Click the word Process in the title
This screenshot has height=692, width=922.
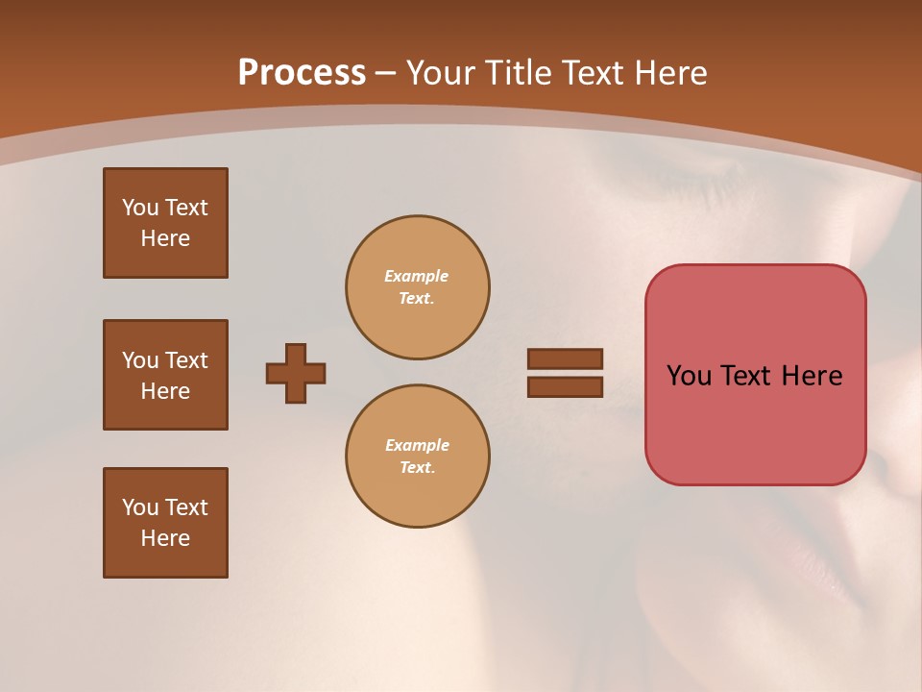coord(302,72)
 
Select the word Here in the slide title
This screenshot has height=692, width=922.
coord(669,72)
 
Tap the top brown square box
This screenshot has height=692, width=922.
coord(165,223)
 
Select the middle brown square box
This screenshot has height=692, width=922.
coord(165,375)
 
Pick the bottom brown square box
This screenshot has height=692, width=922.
coord(165,523)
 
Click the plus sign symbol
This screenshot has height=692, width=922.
coord(296,373)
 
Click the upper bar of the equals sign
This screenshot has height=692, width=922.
coord(565,358)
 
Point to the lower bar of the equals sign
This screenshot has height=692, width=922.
coord(565,387)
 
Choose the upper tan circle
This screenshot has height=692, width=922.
coord(417,286)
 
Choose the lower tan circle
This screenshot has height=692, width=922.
coord(417,456)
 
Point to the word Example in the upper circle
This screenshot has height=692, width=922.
coord(417,276)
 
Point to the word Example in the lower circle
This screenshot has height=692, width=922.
coord(417,445)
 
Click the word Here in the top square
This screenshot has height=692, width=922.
coord(165,238)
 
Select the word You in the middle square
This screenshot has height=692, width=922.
coord(139,360)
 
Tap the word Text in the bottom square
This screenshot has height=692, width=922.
coord(185,507)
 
